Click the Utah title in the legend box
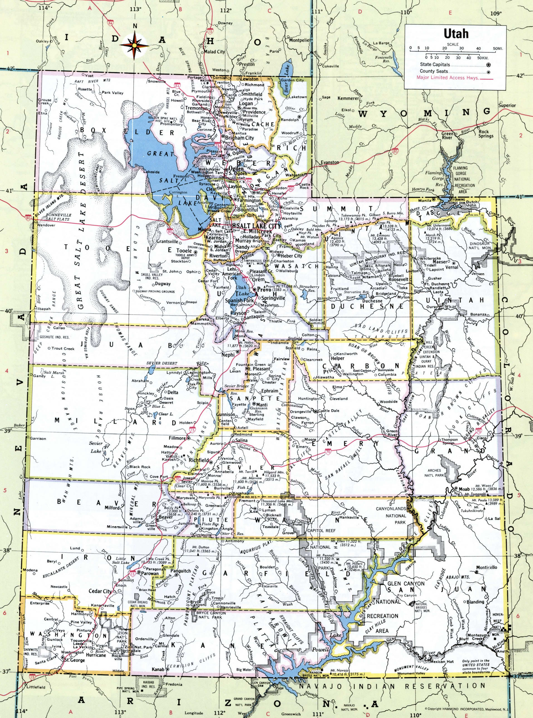pyautogui.click(x=456, y=34)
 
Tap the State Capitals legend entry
pyautogui.click(x=434, y=65)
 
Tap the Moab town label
pyautogui.click(x=464, y=489)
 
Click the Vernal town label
pyautogui.click(x=452, y=267)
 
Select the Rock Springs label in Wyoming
pyautogui.click(x=486, y=134)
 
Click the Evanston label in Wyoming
pyautogui.click(x=330, y=162)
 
